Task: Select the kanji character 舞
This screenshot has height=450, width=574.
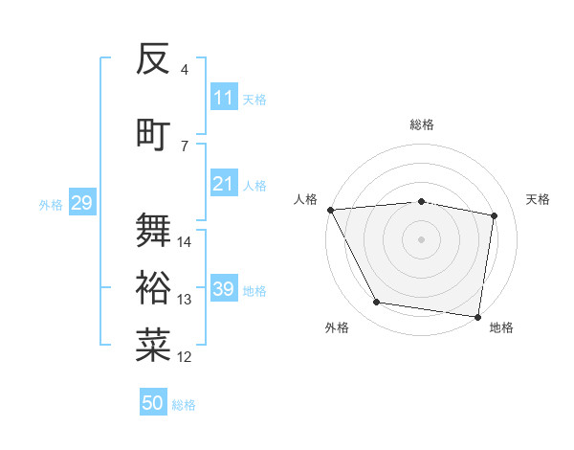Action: point(153,230)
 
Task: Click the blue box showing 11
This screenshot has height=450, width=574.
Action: point(224,98)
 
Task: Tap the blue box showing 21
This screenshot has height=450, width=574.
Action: point(224,184)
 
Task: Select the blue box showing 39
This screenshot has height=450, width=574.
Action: point(224,289)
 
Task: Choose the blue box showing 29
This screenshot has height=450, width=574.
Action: point(81,203)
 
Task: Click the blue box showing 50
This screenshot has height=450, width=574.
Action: point(153,403)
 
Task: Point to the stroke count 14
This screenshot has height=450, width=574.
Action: point(185,242)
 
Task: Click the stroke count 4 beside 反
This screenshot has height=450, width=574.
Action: point(185,70)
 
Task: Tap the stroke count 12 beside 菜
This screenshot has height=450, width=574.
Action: point(185,357)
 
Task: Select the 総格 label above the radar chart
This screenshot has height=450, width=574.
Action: point(421,124)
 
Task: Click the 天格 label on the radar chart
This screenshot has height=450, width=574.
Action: point(538,199)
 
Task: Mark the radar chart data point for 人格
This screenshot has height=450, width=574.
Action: point(330,210)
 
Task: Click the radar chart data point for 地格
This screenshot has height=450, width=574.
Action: point(477,316)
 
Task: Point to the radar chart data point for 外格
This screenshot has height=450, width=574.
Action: point(377,303)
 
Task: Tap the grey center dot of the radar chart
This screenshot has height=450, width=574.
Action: point(421,239)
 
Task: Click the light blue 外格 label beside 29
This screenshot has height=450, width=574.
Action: point(50,204)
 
